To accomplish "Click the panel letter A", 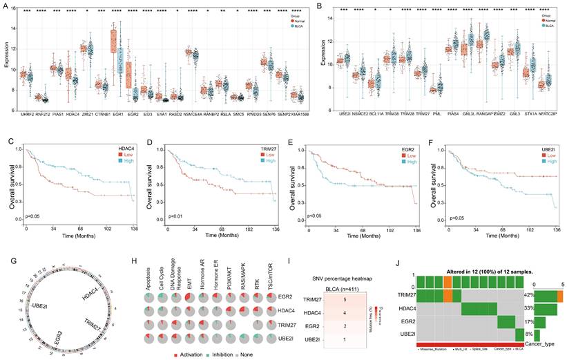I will click(6, 5).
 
